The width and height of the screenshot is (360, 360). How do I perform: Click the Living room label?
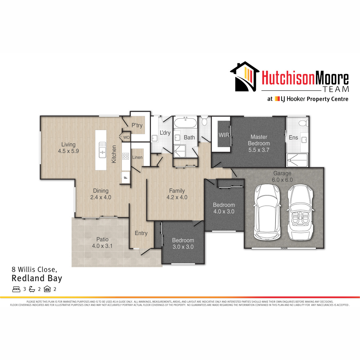[68, 144]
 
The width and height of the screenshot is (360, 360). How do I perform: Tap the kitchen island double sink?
[102, 150]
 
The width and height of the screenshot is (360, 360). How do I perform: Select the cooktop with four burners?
[126, 156]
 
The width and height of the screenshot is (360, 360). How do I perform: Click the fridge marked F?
[126, 178]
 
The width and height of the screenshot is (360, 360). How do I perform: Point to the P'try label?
[137, 125]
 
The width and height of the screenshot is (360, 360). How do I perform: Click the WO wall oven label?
[127, 137]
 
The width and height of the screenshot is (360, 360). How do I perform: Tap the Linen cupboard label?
[137, 157]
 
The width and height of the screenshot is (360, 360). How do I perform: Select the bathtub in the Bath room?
[185, 123]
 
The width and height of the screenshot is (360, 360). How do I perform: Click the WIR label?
[224, 135]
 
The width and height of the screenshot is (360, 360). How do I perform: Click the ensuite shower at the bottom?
[297, 160]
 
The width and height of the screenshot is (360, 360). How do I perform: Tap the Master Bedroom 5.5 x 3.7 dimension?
[259, 150]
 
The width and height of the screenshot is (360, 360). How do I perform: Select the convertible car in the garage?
[300, 212]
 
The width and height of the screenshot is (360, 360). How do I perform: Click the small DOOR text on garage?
[284, 248]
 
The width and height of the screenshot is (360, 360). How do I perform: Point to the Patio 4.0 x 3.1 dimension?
[102, 246]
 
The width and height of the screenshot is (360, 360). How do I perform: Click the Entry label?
[141, 233]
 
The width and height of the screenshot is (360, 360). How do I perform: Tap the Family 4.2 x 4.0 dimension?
[177, 197]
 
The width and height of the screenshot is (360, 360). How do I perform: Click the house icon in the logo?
[244, 76]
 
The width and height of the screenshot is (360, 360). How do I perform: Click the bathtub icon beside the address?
[32, 289]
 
